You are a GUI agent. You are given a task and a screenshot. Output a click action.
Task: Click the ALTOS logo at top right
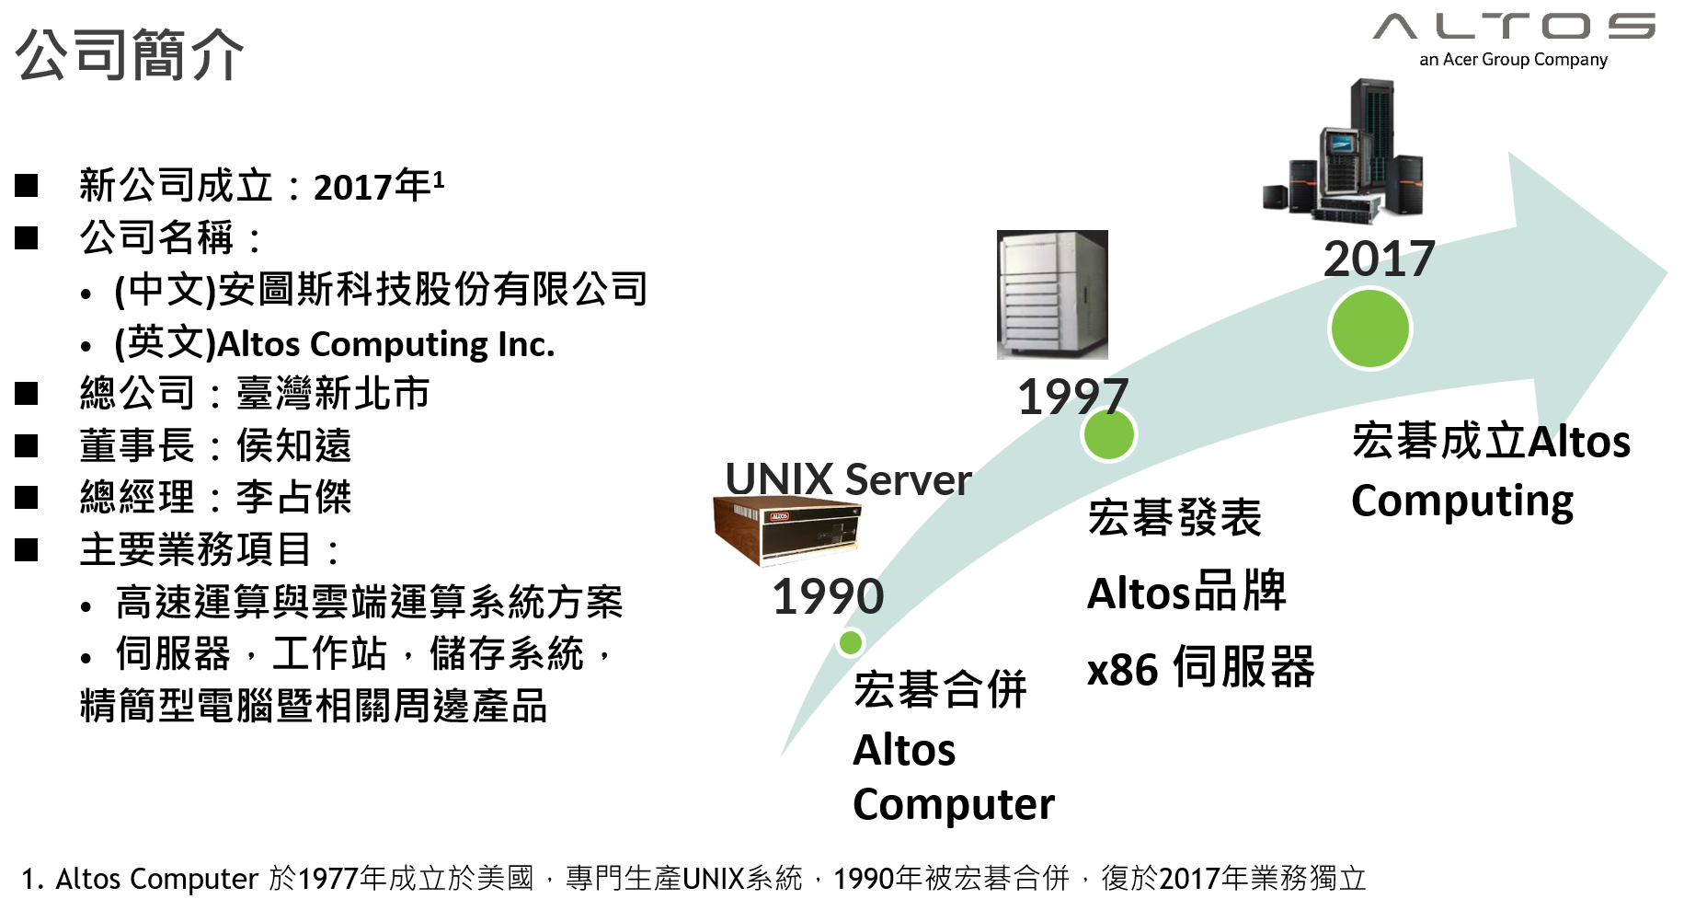[1513, 27]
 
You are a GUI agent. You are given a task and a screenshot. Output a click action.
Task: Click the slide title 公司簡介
[130, 55]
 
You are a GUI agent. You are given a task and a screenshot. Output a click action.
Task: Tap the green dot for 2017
[1369, 328]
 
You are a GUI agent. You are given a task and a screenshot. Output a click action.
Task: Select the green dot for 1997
[1108, 434]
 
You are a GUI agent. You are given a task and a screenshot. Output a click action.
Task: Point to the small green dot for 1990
[851, 642]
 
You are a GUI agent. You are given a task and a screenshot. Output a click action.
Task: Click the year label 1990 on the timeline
[828, 596]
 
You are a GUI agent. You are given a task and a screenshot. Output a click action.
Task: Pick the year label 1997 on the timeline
[1072, 397]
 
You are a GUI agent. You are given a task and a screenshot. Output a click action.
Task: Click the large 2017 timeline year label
[1379, 259]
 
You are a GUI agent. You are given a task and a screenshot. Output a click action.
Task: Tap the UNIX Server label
[848, 479]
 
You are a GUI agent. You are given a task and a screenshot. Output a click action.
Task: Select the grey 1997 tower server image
[1052, 294]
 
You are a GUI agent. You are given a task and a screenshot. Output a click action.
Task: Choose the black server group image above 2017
[1345, 156]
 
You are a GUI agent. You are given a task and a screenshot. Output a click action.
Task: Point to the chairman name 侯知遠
[294, 445]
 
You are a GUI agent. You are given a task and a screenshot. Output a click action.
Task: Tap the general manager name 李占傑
[294, 498]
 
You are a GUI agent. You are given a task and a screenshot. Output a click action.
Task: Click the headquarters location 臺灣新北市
[333, 394]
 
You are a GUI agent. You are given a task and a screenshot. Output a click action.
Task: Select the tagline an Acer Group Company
[1513, 60]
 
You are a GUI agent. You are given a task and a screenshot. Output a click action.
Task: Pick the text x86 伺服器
[1200, 668]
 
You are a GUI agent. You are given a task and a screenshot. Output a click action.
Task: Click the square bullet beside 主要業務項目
[27, 550]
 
